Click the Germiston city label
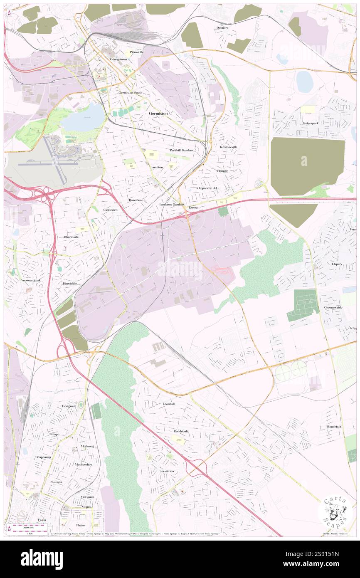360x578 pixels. pyautogui.click(x=158, y=114)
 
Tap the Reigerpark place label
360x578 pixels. pyautogui.click(x=313, y=124)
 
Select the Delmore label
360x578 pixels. pyautogui.click(x=222, y=28)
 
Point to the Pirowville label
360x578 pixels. pyautogui.click(x=136, y=52)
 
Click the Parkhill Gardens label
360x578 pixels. pyautogui.click(x=182, y=150)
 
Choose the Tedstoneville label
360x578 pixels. pyautogui.click(x=228, y=147)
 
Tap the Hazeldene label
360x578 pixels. pyautogui.click(x=136, y=200)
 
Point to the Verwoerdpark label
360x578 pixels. pyautogui.click(x=31, y=281)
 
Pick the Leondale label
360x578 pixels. pyautogui.click(x=169, y=404)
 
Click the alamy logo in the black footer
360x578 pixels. pyautogui.click(x=42, y=559)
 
